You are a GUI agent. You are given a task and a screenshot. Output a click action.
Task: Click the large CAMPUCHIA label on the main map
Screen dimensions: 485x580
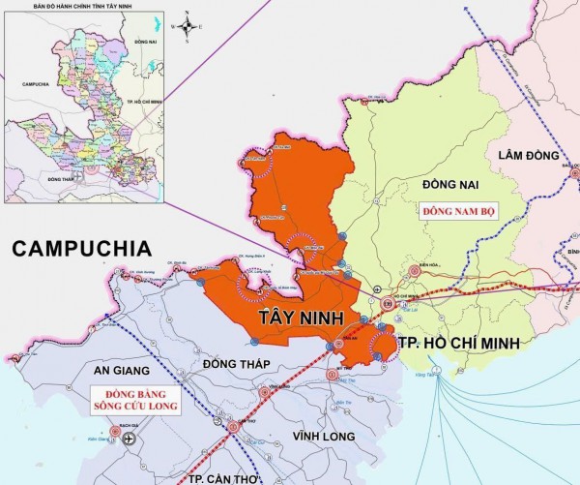point(81,249)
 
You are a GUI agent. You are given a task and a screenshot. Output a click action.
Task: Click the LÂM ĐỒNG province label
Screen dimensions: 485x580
point(530,156)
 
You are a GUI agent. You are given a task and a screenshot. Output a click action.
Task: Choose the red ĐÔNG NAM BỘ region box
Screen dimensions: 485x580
point(457,210)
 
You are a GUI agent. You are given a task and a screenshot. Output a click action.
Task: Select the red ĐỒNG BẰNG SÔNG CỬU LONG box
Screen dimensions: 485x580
point(131,400)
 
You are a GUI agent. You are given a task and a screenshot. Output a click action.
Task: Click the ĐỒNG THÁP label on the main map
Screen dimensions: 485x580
point(232,363)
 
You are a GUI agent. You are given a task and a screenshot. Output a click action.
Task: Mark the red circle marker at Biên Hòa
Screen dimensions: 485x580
point(414,272)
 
